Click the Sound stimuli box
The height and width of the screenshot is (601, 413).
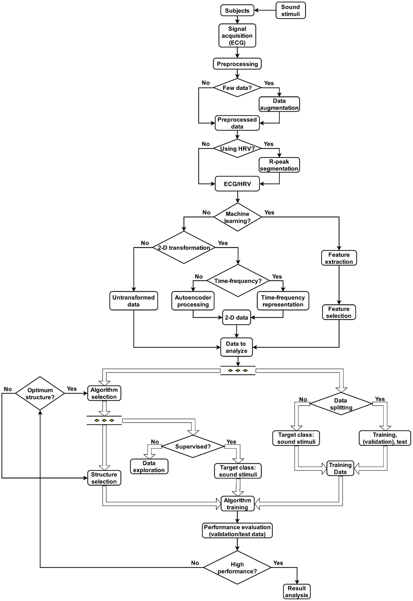290,11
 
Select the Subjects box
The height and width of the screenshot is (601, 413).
237,11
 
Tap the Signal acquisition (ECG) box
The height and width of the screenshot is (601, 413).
237,36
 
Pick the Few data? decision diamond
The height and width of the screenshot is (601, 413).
237,88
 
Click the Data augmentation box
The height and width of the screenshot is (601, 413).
279,104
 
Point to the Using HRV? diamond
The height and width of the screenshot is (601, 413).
237,149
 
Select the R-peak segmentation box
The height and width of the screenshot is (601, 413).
279,165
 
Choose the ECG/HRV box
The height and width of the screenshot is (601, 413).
237,184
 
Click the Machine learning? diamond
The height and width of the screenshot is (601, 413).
237,217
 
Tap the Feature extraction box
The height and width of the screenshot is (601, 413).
339,258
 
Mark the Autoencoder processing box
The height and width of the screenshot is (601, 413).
193,301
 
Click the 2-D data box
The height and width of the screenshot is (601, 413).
236,317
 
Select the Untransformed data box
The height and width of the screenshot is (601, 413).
133,301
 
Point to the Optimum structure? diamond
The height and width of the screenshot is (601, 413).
40,394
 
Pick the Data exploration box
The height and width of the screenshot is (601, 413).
149,467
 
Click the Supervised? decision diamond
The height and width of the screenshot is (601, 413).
193,447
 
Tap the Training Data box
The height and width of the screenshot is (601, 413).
340,468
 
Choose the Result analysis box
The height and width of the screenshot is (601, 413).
297,592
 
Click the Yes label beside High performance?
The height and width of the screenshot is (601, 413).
278,563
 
